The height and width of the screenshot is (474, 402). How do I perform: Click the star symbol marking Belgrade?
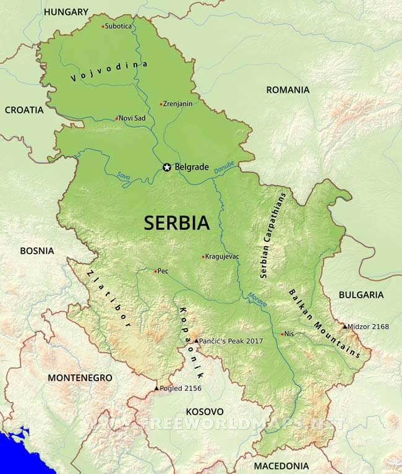point(166,167)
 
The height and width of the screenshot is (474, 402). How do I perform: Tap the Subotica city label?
point(118,26)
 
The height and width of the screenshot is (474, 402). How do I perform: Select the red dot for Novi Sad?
point(116,118)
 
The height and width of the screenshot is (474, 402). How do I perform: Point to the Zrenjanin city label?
point(177,103)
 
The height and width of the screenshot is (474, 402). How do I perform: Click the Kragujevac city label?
point(223,256)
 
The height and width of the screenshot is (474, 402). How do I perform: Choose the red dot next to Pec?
point(155,270)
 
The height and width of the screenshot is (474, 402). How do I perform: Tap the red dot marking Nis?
point(282,334)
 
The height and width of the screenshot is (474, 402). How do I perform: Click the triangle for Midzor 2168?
point(344,326)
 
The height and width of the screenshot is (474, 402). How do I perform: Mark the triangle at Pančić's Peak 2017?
point(196,341)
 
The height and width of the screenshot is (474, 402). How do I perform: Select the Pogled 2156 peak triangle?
point(156,388)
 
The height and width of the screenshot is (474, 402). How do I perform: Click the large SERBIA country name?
point(176,223)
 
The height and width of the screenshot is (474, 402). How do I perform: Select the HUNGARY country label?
point(66,12)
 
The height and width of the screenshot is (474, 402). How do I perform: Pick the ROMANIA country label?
point(288,90)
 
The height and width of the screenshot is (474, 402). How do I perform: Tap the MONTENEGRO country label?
point(80,377)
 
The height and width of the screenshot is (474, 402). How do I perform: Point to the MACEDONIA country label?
point(281,465)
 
